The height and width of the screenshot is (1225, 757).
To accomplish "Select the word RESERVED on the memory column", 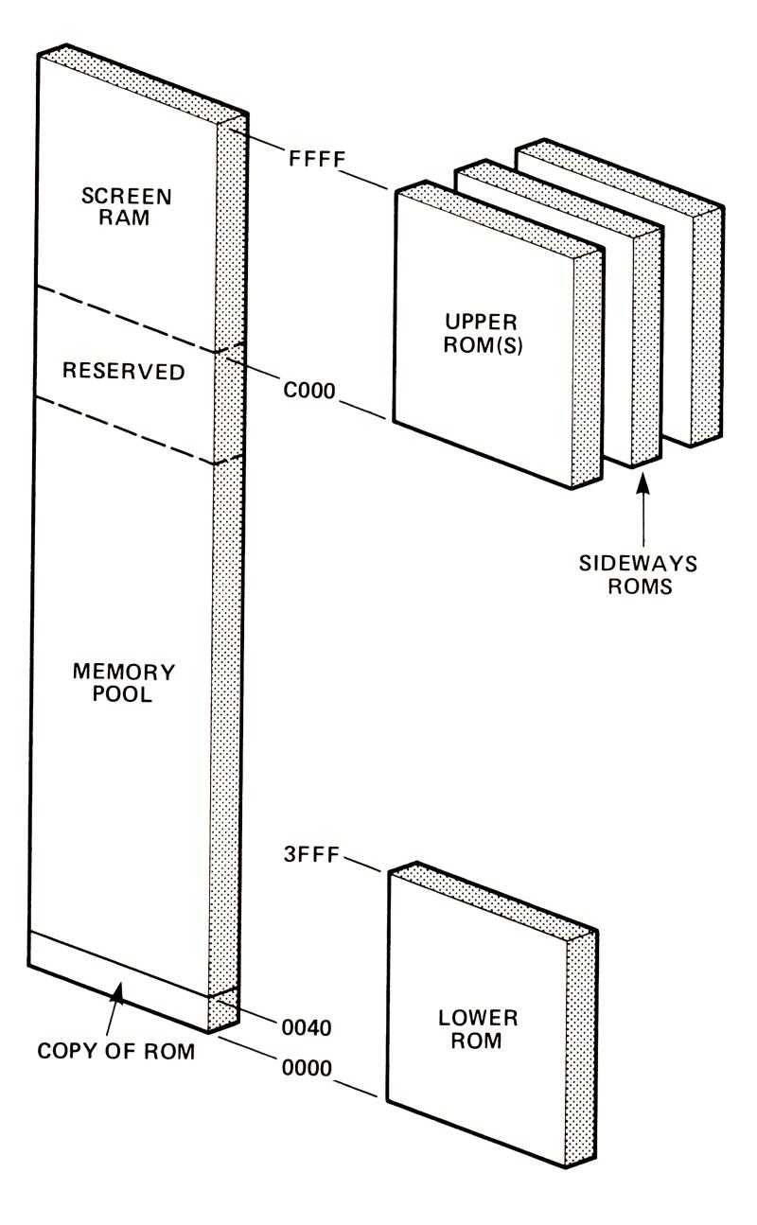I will point(123,371).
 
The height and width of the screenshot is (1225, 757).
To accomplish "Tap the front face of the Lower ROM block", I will point(478,1003).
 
